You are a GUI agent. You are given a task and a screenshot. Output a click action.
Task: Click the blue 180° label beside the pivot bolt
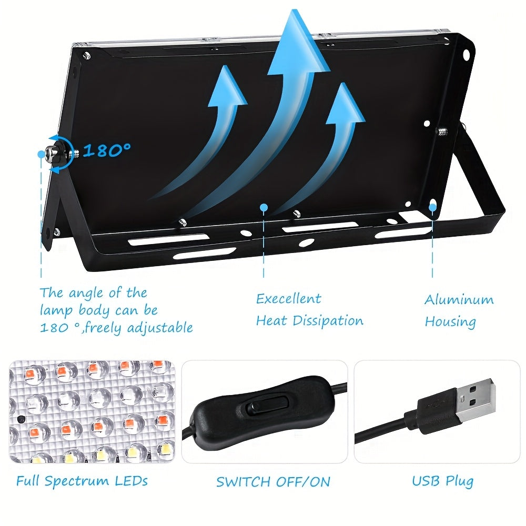tap(107, 150)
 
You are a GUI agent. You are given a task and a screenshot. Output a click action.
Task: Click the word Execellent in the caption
tap(288, 298)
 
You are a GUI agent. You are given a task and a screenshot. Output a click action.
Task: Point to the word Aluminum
tap(459, 299)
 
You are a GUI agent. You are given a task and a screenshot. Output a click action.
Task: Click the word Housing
tap(450, 321)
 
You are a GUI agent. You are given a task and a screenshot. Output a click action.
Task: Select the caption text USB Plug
tap(442, 481)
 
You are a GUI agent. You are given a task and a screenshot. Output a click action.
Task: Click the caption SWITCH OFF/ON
tap(273, 482)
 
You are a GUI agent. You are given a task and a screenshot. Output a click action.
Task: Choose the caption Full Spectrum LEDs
tap(82, 481)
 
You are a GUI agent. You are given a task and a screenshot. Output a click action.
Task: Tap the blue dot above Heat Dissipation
tap(264, 208)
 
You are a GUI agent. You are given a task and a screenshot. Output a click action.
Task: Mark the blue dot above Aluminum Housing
tap(433, 208)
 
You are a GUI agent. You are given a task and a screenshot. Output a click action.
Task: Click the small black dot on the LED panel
tap(21, 419)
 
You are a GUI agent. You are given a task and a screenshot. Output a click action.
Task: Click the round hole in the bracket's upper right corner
tap(467, 54)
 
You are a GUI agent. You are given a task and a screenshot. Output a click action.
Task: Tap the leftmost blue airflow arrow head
tap(227, 86)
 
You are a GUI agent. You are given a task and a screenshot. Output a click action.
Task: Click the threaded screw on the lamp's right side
tap(442, 131)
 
